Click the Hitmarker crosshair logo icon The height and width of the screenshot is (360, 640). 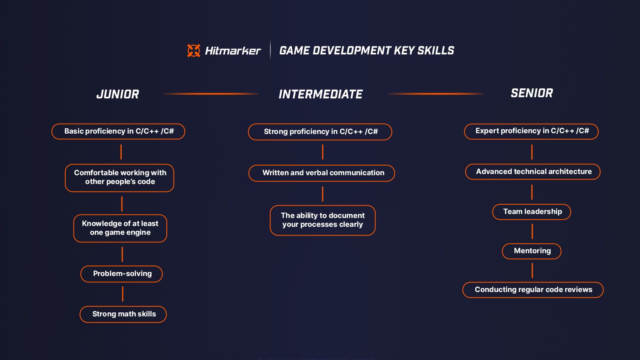tap(194, 50)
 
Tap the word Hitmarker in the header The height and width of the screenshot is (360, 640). tap(233, 51)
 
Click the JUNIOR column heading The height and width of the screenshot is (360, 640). tap(118, 94)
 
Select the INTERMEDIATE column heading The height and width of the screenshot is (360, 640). tap(320, 94)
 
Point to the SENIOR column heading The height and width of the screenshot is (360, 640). tap(532, 93)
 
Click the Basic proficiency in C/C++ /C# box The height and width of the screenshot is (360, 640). tap(118, 131)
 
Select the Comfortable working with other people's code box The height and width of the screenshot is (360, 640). tap(120, 178)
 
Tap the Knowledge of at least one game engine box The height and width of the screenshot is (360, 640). tap(120, 228)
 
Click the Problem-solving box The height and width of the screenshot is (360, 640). tap(122, 274)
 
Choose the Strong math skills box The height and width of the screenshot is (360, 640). tap(123, 314)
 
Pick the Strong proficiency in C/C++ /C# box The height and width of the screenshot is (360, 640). tap(320, 132)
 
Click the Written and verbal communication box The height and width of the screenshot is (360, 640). tap(322, 173)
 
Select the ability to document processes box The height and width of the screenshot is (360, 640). tap(322, 220)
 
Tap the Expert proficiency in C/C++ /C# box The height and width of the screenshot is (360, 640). tap(531, 131)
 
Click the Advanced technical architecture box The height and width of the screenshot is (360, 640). tap(533, 172)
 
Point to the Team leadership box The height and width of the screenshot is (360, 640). tap(532, 212)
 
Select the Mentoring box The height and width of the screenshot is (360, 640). tap(532, 251)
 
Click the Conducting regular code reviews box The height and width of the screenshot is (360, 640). tap(533, 290)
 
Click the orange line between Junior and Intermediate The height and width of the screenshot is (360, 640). tap(211, 94)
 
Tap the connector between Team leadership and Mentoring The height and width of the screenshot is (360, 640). tap(532, 231)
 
